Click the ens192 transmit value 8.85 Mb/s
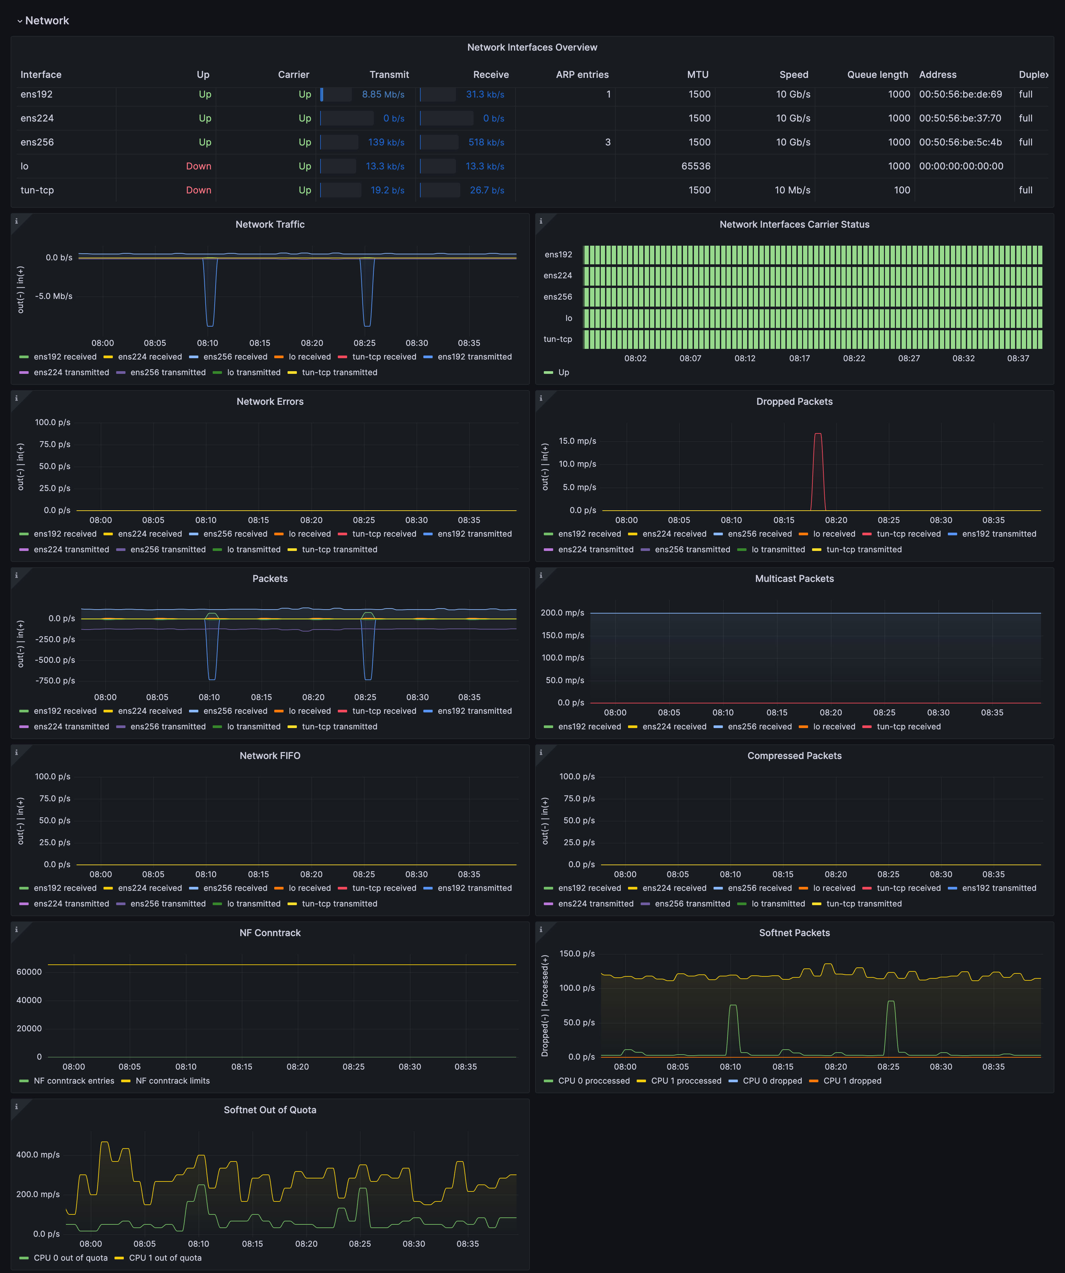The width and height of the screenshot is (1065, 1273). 383,95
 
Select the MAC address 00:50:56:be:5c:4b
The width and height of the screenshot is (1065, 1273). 960,142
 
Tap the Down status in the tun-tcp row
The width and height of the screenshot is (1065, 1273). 198,190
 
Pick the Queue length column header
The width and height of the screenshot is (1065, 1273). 877,75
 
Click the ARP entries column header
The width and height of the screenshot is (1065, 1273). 582,75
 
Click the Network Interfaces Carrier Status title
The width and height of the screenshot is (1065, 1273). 794,224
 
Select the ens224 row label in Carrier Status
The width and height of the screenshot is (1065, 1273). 558,276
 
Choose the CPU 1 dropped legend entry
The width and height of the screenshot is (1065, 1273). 852,1081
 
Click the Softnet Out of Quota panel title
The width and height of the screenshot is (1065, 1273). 270,1110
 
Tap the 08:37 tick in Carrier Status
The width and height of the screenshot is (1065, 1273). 1018,358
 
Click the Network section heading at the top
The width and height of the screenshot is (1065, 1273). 47,21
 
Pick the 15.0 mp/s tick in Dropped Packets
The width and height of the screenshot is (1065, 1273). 577,441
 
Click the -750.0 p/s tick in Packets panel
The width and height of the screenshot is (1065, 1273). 55,681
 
